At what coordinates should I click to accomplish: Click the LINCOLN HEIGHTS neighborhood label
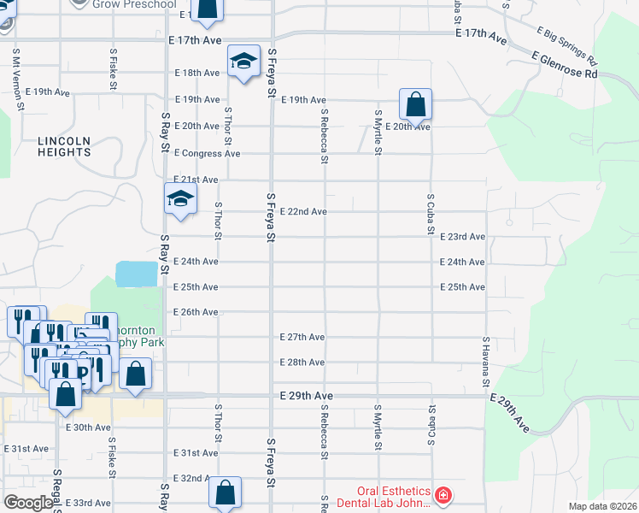pos(64,146)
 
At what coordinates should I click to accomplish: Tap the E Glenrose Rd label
pos(563,66)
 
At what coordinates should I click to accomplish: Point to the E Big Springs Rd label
pos(567,47)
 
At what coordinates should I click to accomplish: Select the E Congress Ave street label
pos(207,154)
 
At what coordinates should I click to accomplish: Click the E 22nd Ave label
pos(303,211)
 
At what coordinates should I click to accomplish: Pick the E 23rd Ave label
pos(463,237)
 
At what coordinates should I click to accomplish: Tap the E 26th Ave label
pos(196,312)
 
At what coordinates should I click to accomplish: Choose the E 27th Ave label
pos(302,338)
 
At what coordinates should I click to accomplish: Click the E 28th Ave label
pos(302,363)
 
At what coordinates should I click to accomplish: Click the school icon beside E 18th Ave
pos(243,61)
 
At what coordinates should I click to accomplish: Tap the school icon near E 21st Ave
pos(180,199)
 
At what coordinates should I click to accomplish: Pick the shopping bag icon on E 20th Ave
pos(414,105)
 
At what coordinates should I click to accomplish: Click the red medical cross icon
pos(443,496)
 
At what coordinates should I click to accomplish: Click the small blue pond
pos(137,274)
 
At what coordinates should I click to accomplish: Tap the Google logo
pos(28,503)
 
